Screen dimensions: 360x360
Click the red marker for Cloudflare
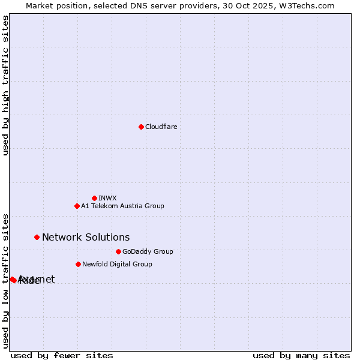coord(141,127)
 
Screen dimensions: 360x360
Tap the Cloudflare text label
coord(161,127)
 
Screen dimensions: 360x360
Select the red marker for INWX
coord(94,198)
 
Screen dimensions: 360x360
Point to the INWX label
coord(107,198)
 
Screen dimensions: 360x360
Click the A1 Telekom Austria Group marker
coord(77,206)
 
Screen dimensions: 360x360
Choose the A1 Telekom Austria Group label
coord(122,206)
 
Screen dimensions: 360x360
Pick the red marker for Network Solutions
coord(37,237)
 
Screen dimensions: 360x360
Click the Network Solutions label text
coord(86,237)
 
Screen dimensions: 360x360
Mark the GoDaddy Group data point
coord(118,251)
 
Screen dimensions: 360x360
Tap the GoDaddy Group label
coord(148,251)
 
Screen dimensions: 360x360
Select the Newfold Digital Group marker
coord(78,264)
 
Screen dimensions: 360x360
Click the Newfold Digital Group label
coord(117,264)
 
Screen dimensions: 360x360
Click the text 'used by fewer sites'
coord(62,355)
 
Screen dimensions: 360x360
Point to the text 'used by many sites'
coord(301,355)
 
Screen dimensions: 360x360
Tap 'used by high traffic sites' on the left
coord(6,85)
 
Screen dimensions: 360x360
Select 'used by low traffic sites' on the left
coord(6,280)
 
